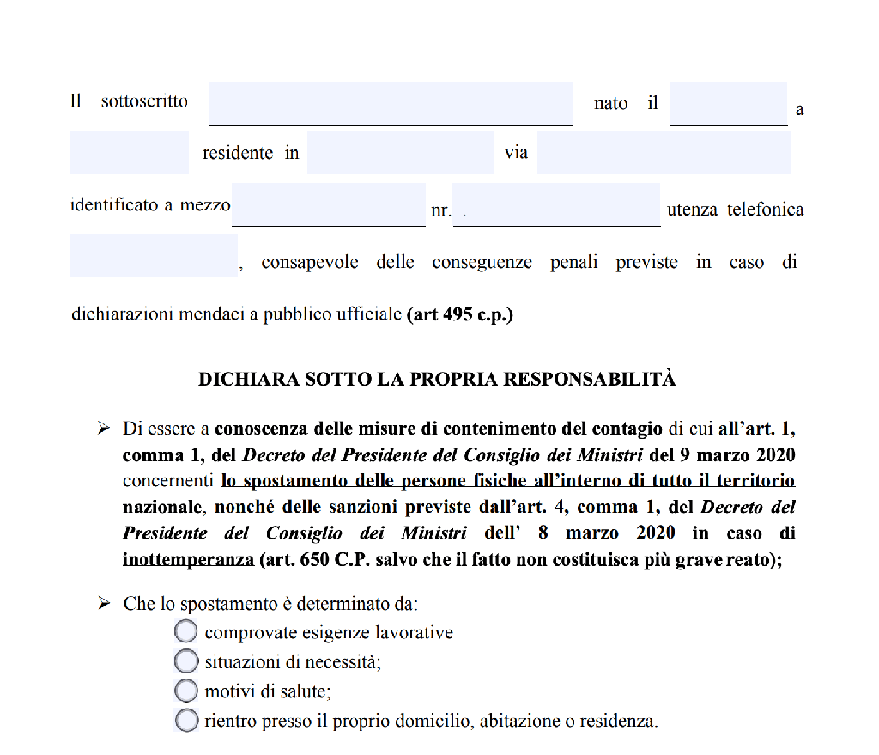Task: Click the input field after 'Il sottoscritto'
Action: click(x=391, y=104)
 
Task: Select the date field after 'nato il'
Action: click(x=728, y=104)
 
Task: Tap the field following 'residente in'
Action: click(x=400, y=153)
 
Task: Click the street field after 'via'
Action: click(x=664, y=153)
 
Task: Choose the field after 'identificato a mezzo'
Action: click(x=328, y=204)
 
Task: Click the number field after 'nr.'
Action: click(x=556, y=204)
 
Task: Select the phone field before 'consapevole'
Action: click(x=154, y=256)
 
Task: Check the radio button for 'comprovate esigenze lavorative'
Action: click(x=186, y=632)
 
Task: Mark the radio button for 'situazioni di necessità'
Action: click(x=186, y=661)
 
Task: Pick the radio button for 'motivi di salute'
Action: click(x=186, y=691)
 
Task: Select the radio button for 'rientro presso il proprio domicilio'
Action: click(x=186, y=720)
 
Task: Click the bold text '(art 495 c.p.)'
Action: click(x=459, y=314)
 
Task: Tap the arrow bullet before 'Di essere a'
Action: click(x=104, y=427)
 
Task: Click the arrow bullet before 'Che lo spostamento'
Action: click(x=104, y=604)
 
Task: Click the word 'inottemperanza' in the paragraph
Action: click(x=188, y=560)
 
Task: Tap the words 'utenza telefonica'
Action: click(x=735, y=210)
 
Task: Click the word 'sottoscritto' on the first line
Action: click(x=144, y=100)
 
